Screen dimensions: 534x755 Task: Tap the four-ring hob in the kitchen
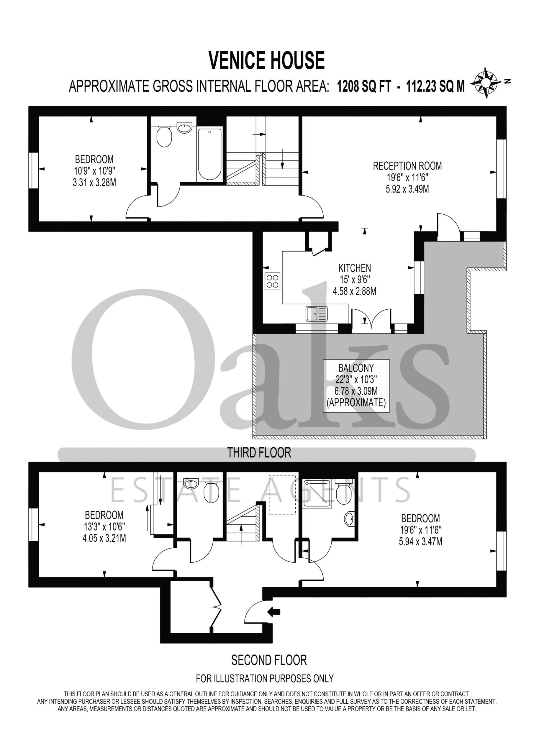(272, 281)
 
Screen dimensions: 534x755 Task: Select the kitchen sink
(317, 314)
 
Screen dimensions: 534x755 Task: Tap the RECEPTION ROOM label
(407, 166)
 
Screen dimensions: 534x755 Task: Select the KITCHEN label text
(355, 268)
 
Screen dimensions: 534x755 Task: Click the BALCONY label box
(356, 386)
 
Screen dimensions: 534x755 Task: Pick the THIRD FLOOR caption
(259, 453)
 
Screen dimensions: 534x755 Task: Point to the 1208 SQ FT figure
(364, 86)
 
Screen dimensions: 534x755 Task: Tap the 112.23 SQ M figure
(435, 86)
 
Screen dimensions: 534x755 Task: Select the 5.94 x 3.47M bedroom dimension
(420, 541)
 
